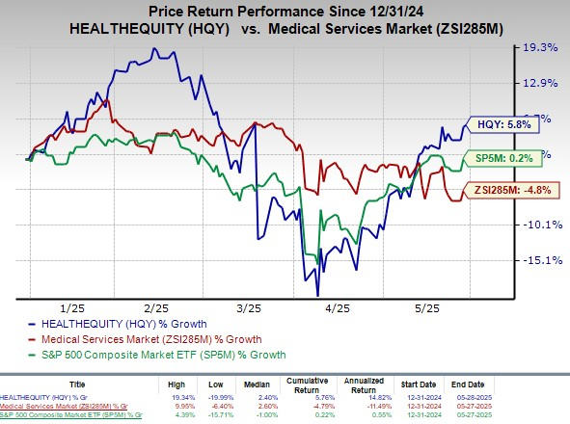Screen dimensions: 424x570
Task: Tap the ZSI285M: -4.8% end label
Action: (510, 190)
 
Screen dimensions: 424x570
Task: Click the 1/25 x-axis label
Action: (72, 306)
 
